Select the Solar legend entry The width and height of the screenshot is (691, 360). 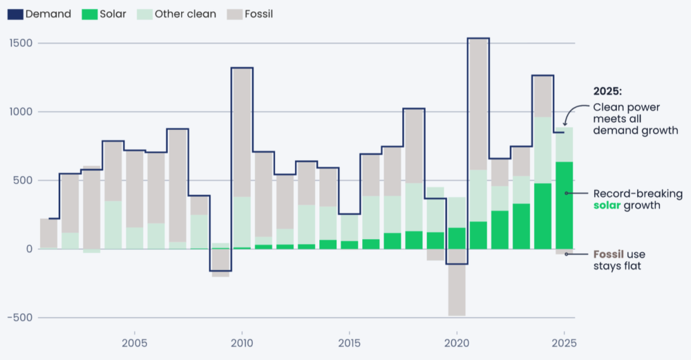pyautogui.click(x=104, y=14)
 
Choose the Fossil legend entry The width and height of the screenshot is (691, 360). pyautogui.click(x=249, y=14)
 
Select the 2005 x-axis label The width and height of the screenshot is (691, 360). pyautogui.click(x=134, y=343)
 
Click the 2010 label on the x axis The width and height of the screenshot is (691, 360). pyautogui.click(x=241, y=343)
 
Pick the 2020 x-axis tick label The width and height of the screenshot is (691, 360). pyautogui.click(x=456, y=343)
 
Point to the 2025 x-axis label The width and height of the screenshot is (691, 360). pyautogui.click(x=564, y=343)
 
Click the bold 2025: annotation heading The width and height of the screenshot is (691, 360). pyautogui.click(x=607, y=91)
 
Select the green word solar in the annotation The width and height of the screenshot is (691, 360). pyautogui.click(x=610, y=206)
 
